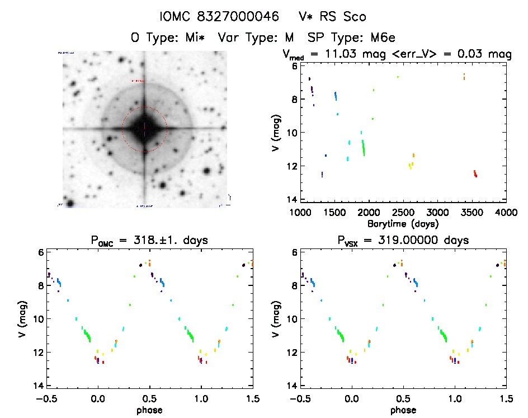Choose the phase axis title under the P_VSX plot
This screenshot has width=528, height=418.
(403, 410)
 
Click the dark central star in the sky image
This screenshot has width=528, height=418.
(145, 130)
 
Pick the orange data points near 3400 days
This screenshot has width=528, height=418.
(464, 77)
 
